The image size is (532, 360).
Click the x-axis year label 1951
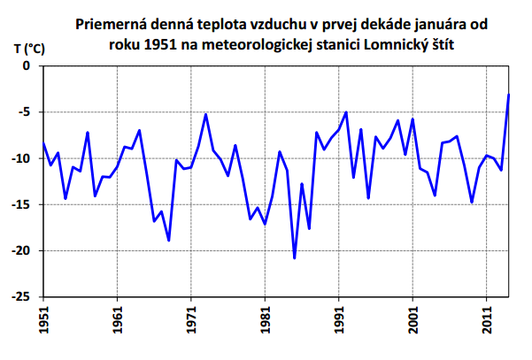(x=44, y=319)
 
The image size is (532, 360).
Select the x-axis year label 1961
(x=118, y=319)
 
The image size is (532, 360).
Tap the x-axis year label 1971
(x=191, y=319)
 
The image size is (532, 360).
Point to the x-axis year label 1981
(x=265, y=319)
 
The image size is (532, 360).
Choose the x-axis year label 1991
(x=339, y=319)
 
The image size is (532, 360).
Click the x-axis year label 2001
(x=412, y=319)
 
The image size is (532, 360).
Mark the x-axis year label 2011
(x=486, y=319)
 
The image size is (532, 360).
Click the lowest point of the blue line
(x=295, y=258)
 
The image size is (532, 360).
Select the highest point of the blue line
(x=509, y=95)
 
